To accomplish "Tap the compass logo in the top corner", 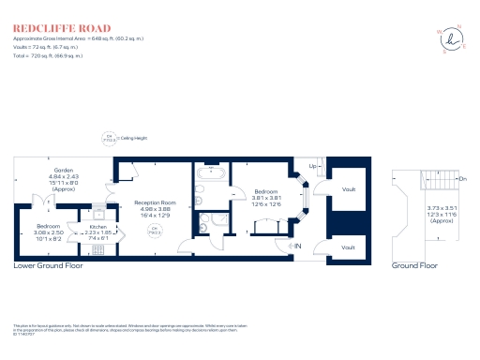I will (x=453, y=39).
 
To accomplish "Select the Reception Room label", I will (x=155, y=207).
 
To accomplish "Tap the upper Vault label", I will (x=348, y=189).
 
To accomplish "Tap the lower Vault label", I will (x=348, y=248).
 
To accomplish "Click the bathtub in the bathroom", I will (x=207, y=177).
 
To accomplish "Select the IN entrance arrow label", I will (x=298, y=247).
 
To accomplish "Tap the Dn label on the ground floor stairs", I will (x=462, y=177).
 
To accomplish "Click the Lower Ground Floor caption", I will (x=48, y=266).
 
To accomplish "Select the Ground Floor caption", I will (x=414, y=266).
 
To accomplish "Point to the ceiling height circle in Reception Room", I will (x=155, y=229).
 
